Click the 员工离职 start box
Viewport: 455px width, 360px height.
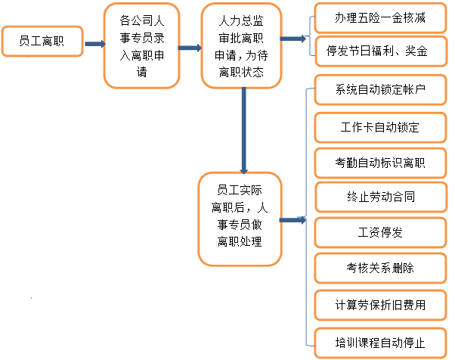coord(42,42)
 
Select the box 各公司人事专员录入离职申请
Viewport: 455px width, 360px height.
coord(142,45)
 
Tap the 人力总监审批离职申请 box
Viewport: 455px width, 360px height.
coord(241,45)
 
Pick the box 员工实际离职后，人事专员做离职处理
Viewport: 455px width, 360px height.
coord(240,219)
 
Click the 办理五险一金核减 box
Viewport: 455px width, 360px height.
coord(380,17)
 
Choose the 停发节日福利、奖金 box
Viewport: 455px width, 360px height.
coord(381,51)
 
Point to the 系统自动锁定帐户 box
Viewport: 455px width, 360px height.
coord(380,89)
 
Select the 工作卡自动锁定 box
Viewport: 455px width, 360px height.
coord(380,128)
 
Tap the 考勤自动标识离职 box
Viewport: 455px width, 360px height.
coord(380,163)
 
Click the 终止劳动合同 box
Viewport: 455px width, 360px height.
coord(381,197)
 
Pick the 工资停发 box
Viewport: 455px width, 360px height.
coord(380,232)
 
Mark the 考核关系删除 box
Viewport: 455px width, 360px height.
coord(380,268)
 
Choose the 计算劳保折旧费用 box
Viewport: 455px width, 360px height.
coord(380,305)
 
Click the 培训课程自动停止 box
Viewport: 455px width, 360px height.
coord(380,343)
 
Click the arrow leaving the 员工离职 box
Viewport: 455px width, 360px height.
coord(95,44)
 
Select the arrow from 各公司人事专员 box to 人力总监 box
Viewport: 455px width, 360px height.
coord(190,48)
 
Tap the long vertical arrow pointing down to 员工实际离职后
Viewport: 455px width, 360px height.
coord(243,131)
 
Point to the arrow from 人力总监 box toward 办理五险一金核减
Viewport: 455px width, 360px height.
coord(292,39)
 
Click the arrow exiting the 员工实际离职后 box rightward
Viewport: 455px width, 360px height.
coord(292,220)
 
